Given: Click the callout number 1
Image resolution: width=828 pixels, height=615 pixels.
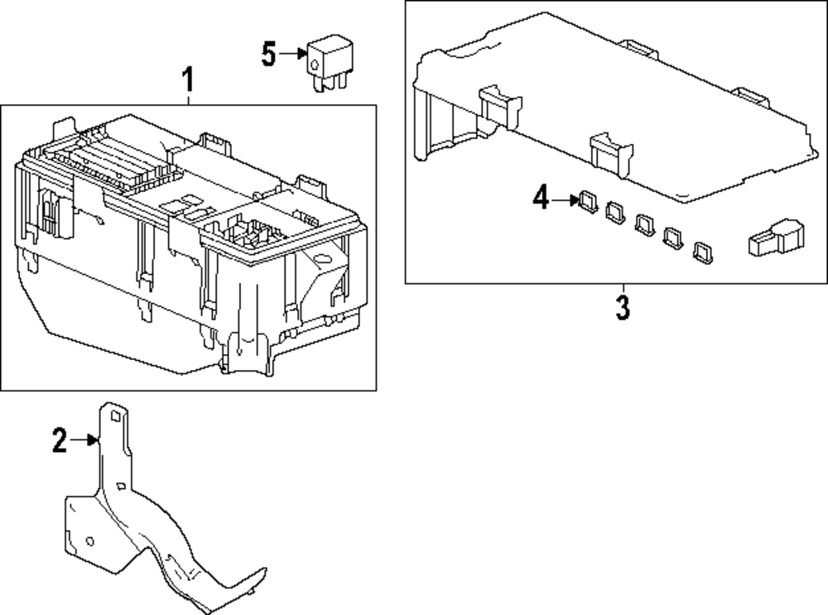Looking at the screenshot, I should (188, 81).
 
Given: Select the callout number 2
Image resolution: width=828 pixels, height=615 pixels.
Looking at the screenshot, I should (59, 441).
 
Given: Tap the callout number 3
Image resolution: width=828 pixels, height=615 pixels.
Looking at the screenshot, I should (622, 308).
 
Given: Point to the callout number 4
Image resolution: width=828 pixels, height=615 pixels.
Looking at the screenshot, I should (541, 199).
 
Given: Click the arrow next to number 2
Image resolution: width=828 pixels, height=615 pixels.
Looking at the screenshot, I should (84, 441).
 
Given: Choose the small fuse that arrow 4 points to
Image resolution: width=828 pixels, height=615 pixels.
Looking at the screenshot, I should (589, 201).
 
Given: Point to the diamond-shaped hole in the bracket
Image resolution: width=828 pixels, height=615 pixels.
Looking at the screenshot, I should (122, 488).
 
